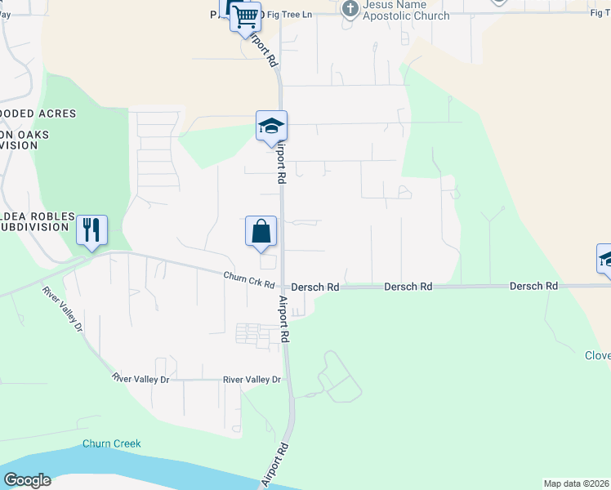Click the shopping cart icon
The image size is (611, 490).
click(245, 16)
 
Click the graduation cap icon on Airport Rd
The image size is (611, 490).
click(271, 125)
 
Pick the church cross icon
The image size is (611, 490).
click(350, 9)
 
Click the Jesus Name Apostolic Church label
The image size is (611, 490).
click(406, 11)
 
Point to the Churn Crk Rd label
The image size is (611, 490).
click(249, 280)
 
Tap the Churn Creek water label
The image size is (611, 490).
click(112, 444)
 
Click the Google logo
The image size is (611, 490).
click(27, 479)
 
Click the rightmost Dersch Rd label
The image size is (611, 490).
click(533, 287)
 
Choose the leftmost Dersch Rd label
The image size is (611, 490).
click(315, 287)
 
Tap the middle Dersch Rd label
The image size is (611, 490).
click(408, 287)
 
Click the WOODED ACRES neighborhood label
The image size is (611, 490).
click(38, 114)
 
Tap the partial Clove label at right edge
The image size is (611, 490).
click(597, 355)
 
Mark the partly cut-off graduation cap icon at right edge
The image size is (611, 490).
click(605, 259)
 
